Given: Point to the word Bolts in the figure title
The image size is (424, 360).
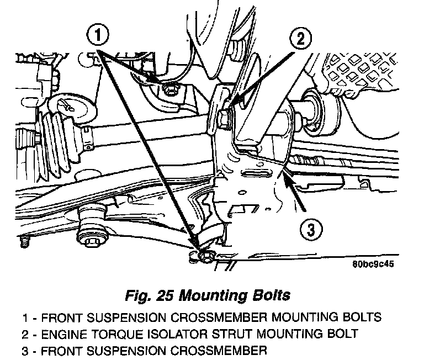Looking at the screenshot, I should pos(268,296).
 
